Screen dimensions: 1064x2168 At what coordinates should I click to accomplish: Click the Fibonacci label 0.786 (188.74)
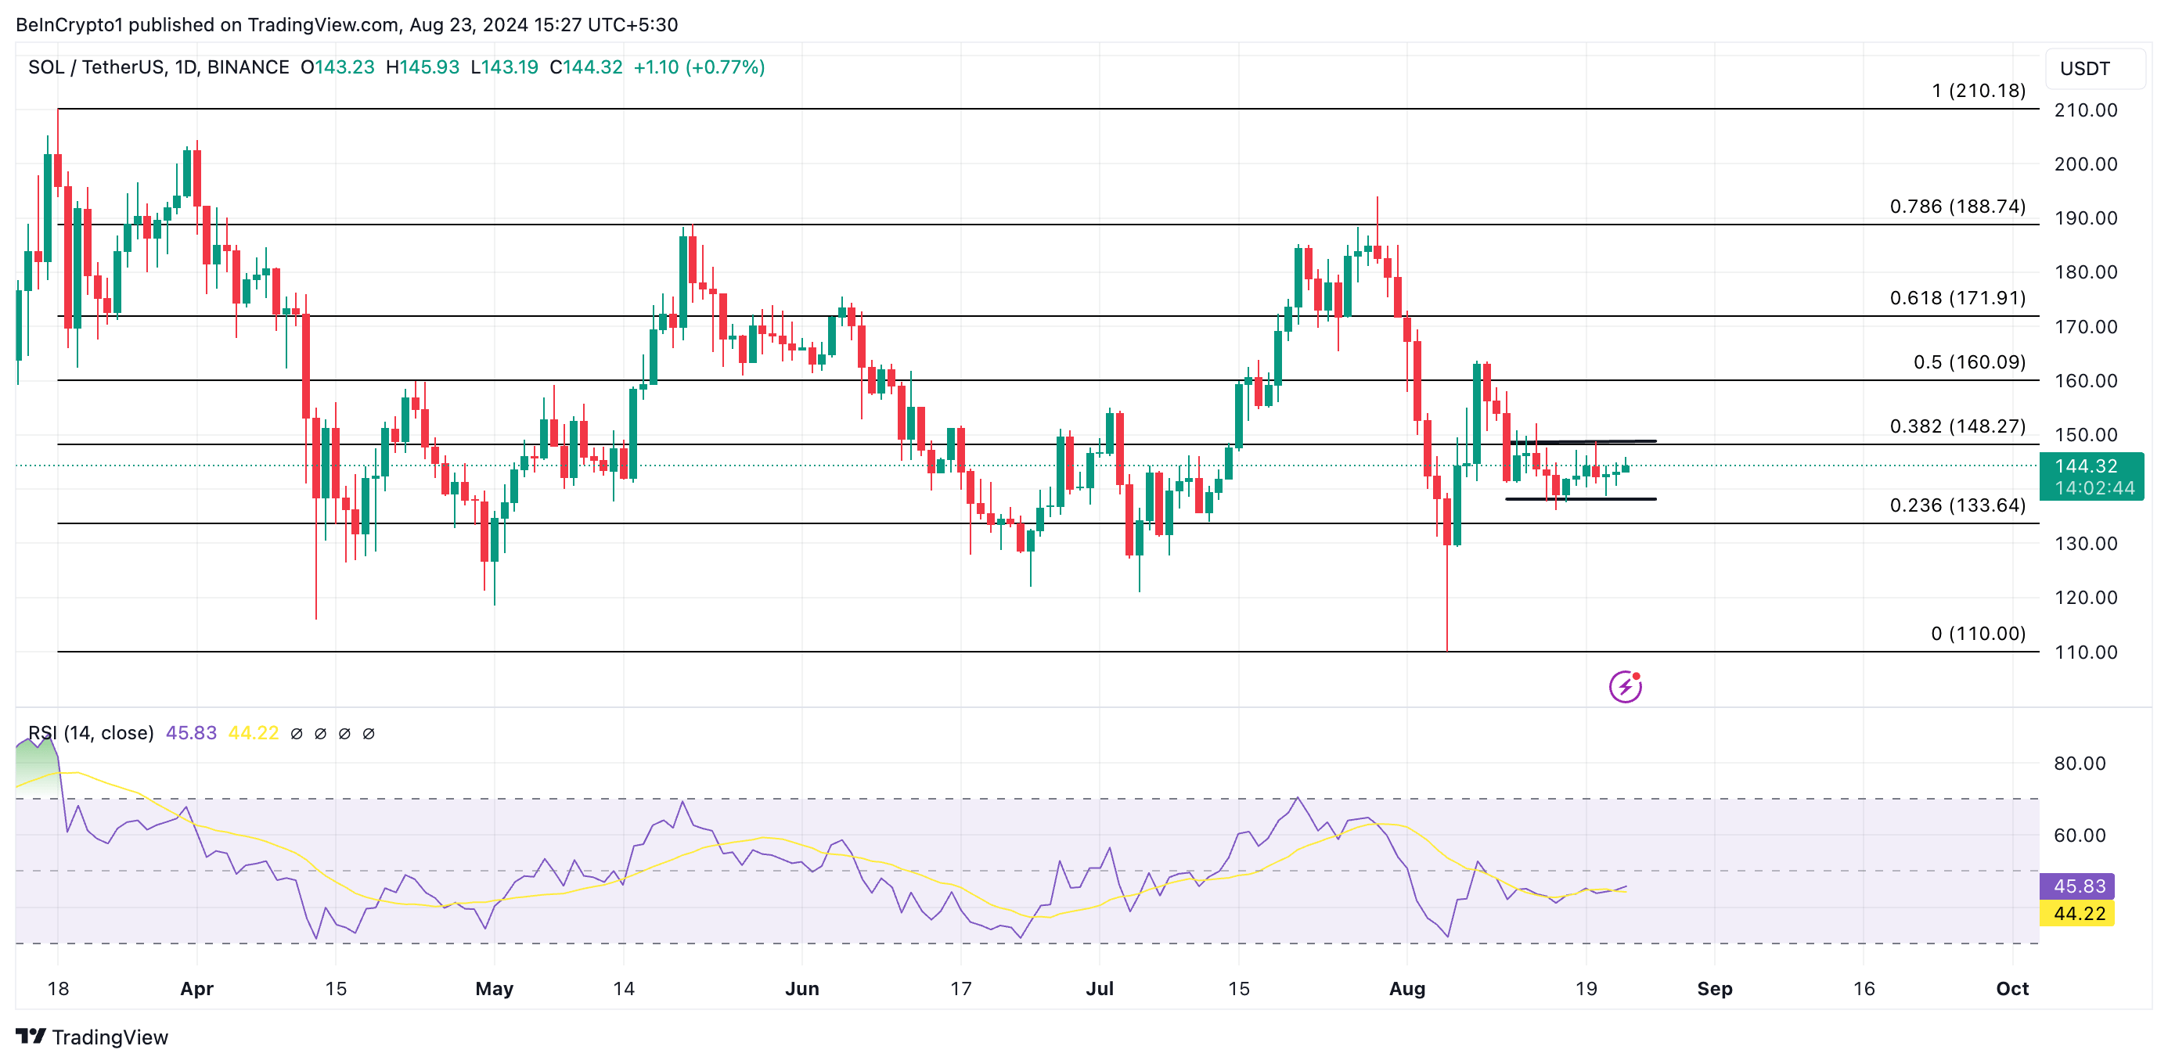coord(1957,206)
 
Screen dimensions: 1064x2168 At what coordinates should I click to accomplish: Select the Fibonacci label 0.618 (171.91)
coord(1957,298)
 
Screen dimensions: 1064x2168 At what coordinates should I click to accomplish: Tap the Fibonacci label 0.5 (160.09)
coord(1968,361)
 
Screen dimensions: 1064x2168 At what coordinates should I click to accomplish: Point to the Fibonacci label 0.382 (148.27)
coord(1957,426)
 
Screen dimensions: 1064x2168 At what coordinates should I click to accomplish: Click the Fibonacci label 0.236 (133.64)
coord(1957,505)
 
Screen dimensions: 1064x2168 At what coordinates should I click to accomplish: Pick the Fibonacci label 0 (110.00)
coord(1977,634)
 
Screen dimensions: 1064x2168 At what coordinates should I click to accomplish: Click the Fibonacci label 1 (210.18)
coord(1978,91)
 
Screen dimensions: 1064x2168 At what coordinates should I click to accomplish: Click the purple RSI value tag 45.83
coord(2077,886)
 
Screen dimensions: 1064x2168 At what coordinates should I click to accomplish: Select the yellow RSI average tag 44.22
coord(2077,914)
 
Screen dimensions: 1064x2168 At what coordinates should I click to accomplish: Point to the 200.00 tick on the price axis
coord(2086,164)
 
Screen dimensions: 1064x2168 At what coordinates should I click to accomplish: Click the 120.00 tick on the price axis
coord(2086,597)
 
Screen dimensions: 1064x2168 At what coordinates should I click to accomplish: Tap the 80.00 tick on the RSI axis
coord(2079,764)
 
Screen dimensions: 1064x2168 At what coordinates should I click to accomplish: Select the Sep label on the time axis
coord(1714,988)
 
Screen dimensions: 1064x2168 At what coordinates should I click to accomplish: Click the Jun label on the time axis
coord(801,988)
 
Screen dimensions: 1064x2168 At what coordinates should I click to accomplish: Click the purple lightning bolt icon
coord(1625,686)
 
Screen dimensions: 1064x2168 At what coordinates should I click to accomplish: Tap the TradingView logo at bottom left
coord(92,1037)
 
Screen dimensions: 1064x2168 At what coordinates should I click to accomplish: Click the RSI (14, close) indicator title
coord(91,732)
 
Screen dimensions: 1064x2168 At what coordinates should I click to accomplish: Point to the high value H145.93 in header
coord(423,67)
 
